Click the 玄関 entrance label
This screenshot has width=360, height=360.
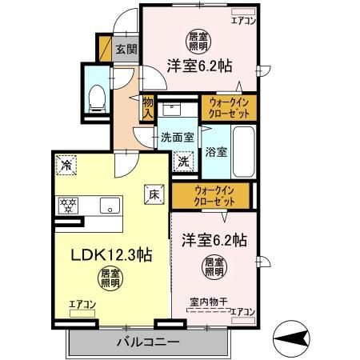[x=126, y=50]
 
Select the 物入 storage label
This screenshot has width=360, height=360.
[x=148, y=107]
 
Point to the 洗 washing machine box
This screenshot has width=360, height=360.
[x=183, y=161]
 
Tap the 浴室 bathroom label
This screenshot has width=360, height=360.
[x=217, y=150]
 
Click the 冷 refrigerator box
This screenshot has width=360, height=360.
[x=65, y=165]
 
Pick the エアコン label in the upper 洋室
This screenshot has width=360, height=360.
[x=243, y=20]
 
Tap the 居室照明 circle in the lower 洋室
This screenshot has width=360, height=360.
[x=212, y=266]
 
